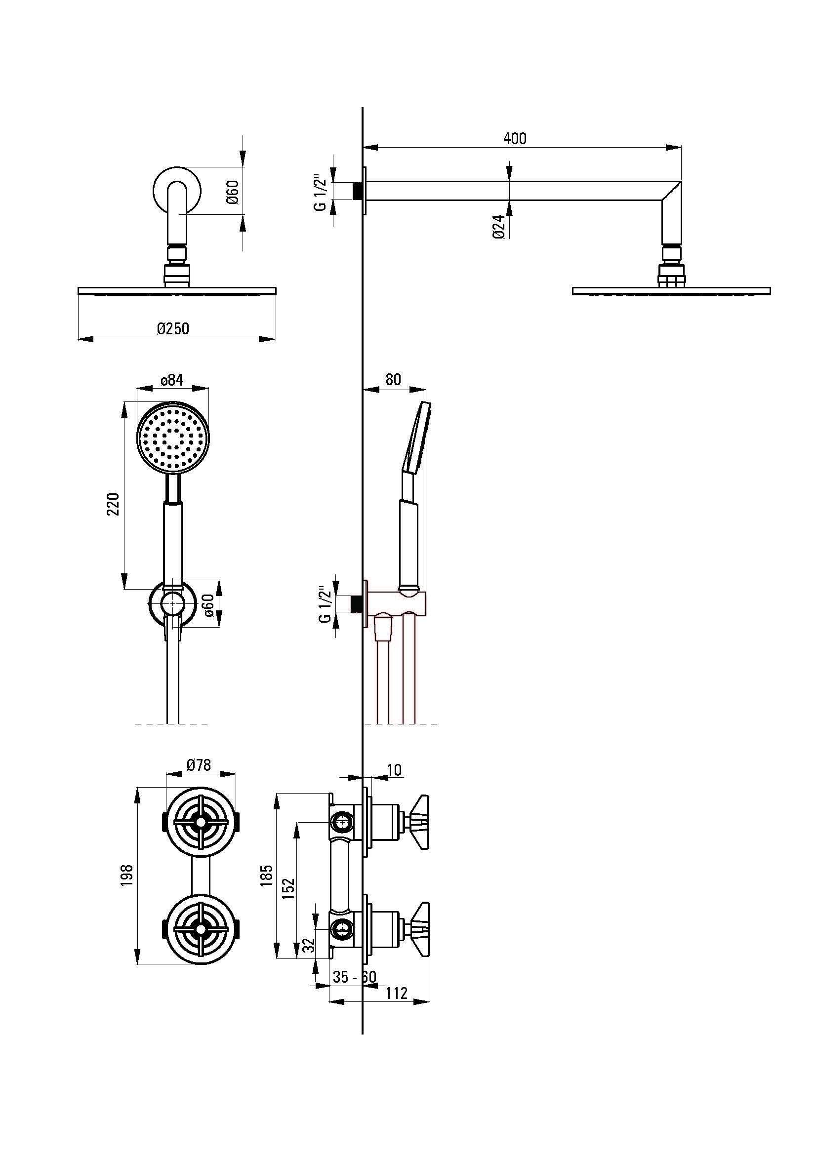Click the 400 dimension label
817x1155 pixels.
pos(515,138)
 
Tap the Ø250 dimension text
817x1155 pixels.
pos(172,328)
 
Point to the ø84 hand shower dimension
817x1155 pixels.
pos(172,380)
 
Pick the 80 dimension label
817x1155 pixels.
pos(393,379)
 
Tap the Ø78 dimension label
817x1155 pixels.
pos(199,765)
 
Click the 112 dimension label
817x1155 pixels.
pos(397,993)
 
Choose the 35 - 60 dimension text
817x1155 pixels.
pos(354,976)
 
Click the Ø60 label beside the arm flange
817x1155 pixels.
pos(233,192)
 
